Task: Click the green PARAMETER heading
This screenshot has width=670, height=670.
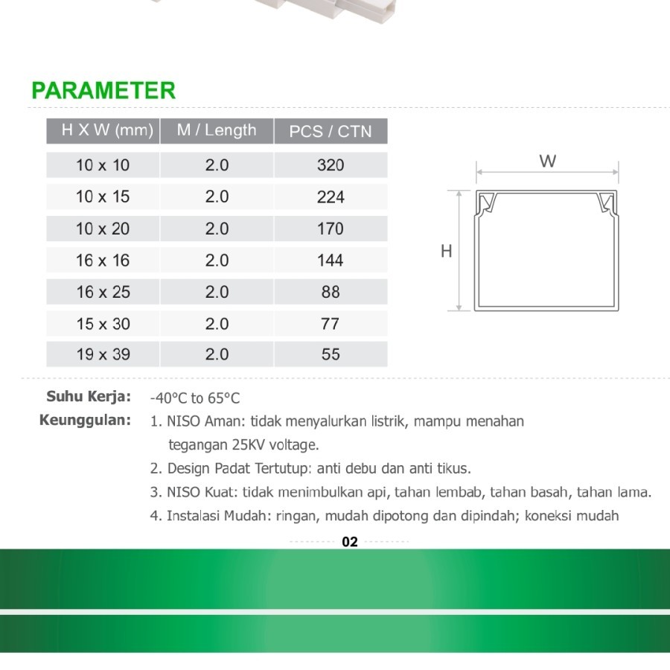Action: pyautogui.click(x=103, y=91)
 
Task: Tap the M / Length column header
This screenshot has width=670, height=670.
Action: pyautogui.click(x=217, y=130)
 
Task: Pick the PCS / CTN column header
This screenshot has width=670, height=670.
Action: pyautogui.click(x=330, y=132)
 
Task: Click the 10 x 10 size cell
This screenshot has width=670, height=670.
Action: pyautogui.click(x=103, y=165)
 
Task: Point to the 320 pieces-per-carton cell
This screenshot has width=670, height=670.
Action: pyautogui.click(x=331, y=165)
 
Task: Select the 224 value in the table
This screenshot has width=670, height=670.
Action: pyautogui.click(x=331, y=197)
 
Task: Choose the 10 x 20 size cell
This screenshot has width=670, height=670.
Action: pyautogui.click(x=103, y=229)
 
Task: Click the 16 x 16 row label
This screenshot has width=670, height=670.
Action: pyautogui.click(x=103, y=261)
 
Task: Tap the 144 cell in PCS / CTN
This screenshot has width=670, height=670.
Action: pyautogui.click(x=331, y=261)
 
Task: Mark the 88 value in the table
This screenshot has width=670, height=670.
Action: pyautogui.click(x=331, y=292)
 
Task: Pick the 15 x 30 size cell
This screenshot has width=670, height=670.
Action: pyautogui.click(x=103, y=324)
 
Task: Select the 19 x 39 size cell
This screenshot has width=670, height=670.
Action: pyautogui.click(x=103, y=354)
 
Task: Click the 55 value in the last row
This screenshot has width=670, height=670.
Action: pyautogui.click(x=331, y=354)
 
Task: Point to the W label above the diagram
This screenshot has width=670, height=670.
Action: pyautogui.click(x=548, y=162)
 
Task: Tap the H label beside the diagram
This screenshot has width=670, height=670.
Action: pyautogui.click(x=447, y=252)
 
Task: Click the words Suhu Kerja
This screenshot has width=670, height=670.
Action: pyautogui.click(x=89, y=396)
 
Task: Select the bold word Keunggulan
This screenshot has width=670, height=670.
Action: pyautogui.click(x=85, y=420)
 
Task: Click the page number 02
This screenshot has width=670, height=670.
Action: pyautogui.click(x=350, y=542)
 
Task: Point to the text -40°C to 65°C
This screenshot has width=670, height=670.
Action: pyautogui.click(x=195, y=398)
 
